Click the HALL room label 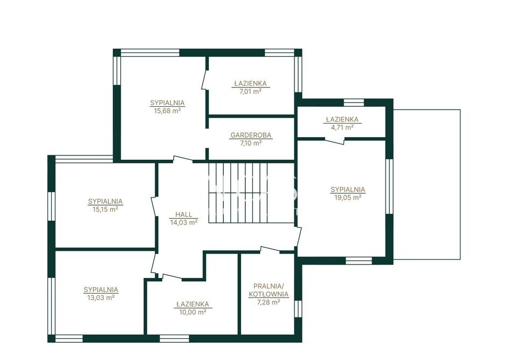tap(184, 214)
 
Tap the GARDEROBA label tap(251, 135)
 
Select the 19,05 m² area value tap(348, 197)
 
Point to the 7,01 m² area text tap(250, 91)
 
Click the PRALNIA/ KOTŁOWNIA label tap(268, 290)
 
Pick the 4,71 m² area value tap(342, 127)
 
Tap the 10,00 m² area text tap(193, 312)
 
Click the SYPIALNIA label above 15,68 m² tap(167, 103)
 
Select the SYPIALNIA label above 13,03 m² tap(101, 290)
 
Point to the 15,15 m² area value tap(105, 209)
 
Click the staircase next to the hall tap(238, 193)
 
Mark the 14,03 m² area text tap(184, 222)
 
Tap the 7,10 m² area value tap(251, 143)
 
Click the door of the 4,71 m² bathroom tap(335, 141)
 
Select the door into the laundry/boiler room tap(270, 249)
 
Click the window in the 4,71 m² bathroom tap(354, 103)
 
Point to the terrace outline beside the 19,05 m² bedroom tap(460, 185)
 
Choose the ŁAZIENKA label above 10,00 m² tap(193, 304)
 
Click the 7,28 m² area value tap(268, 302)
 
